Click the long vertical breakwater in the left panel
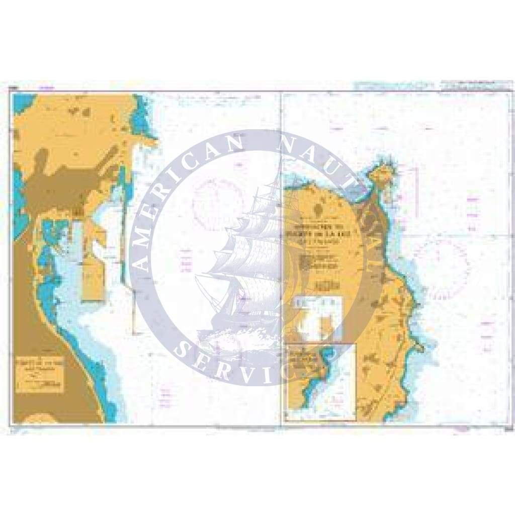[x=123, y=236]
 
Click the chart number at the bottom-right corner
[x=503, y=428]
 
